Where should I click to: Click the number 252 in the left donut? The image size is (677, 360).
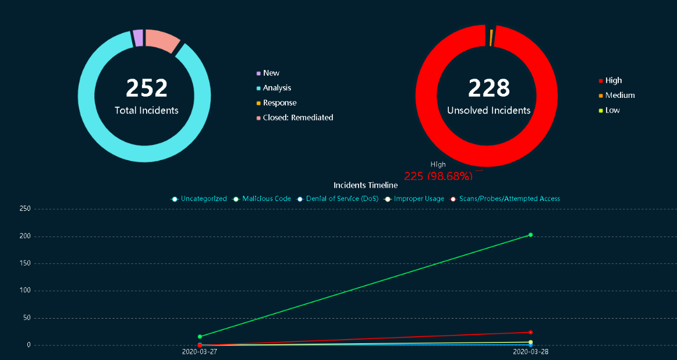147,88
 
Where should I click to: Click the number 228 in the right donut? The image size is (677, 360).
489,88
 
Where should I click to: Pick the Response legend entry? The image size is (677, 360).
277,103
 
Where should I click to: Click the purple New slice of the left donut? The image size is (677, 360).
138,38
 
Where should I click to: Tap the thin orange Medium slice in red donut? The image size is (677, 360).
491,37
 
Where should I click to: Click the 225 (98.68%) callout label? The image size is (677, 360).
438,175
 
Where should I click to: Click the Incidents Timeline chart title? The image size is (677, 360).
366,185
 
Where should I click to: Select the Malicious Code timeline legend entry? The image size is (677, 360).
266,199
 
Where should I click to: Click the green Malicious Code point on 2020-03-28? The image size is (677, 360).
530,235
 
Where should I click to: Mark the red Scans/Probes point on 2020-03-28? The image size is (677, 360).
530,333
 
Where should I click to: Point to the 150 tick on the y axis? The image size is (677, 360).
24,263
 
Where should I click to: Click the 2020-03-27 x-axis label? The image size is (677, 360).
200,352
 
